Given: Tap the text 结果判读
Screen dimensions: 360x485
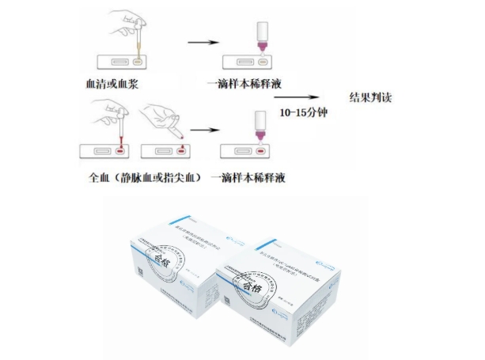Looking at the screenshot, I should pyautogui.click(x=371, y=98).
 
